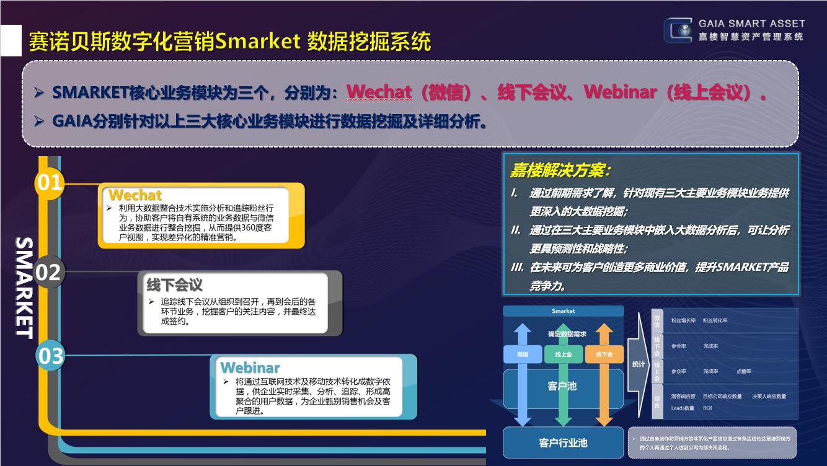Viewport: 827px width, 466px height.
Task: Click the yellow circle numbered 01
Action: [x=50, y=183]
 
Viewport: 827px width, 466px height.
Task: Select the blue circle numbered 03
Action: [x=51, y=356]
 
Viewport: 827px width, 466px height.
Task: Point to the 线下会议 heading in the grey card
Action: [x=174, y=285]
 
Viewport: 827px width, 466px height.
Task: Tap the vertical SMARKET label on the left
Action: [x=24, y=287]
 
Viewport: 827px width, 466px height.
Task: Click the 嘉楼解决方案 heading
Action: [x=560, y=170]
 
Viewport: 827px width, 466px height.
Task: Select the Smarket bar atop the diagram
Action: [x=563, y=311]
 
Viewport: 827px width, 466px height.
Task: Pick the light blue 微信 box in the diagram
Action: [x=522, y=354]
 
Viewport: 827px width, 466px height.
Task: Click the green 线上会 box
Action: [x=563, y=354]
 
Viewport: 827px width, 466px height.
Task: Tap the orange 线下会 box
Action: [x=604, y=354]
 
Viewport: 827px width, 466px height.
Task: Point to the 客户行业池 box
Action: [x=563, y=442]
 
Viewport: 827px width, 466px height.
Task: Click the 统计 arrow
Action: [x=638, y=364]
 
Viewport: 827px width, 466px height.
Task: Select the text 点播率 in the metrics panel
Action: [x=744, y=371]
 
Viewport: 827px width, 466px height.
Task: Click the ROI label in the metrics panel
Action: [x=707, y=408]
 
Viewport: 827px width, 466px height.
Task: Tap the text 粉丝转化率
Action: [x=715, y=321]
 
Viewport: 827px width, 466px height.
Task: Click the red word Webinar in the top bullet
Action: [x=620, y=92]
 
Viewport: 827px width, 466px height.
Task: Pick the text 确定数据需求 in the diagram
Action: [x=567, y=334]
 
